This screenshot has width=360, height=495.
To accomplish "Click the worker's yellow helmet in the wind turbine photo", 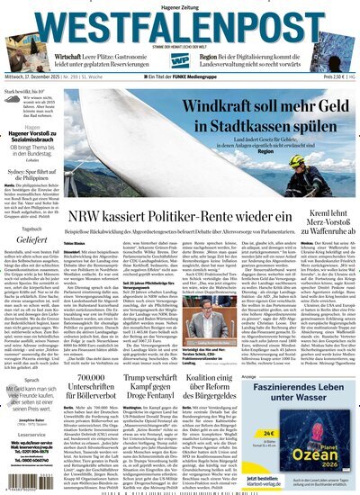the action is pyautogui.click(x=322, y=163).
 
